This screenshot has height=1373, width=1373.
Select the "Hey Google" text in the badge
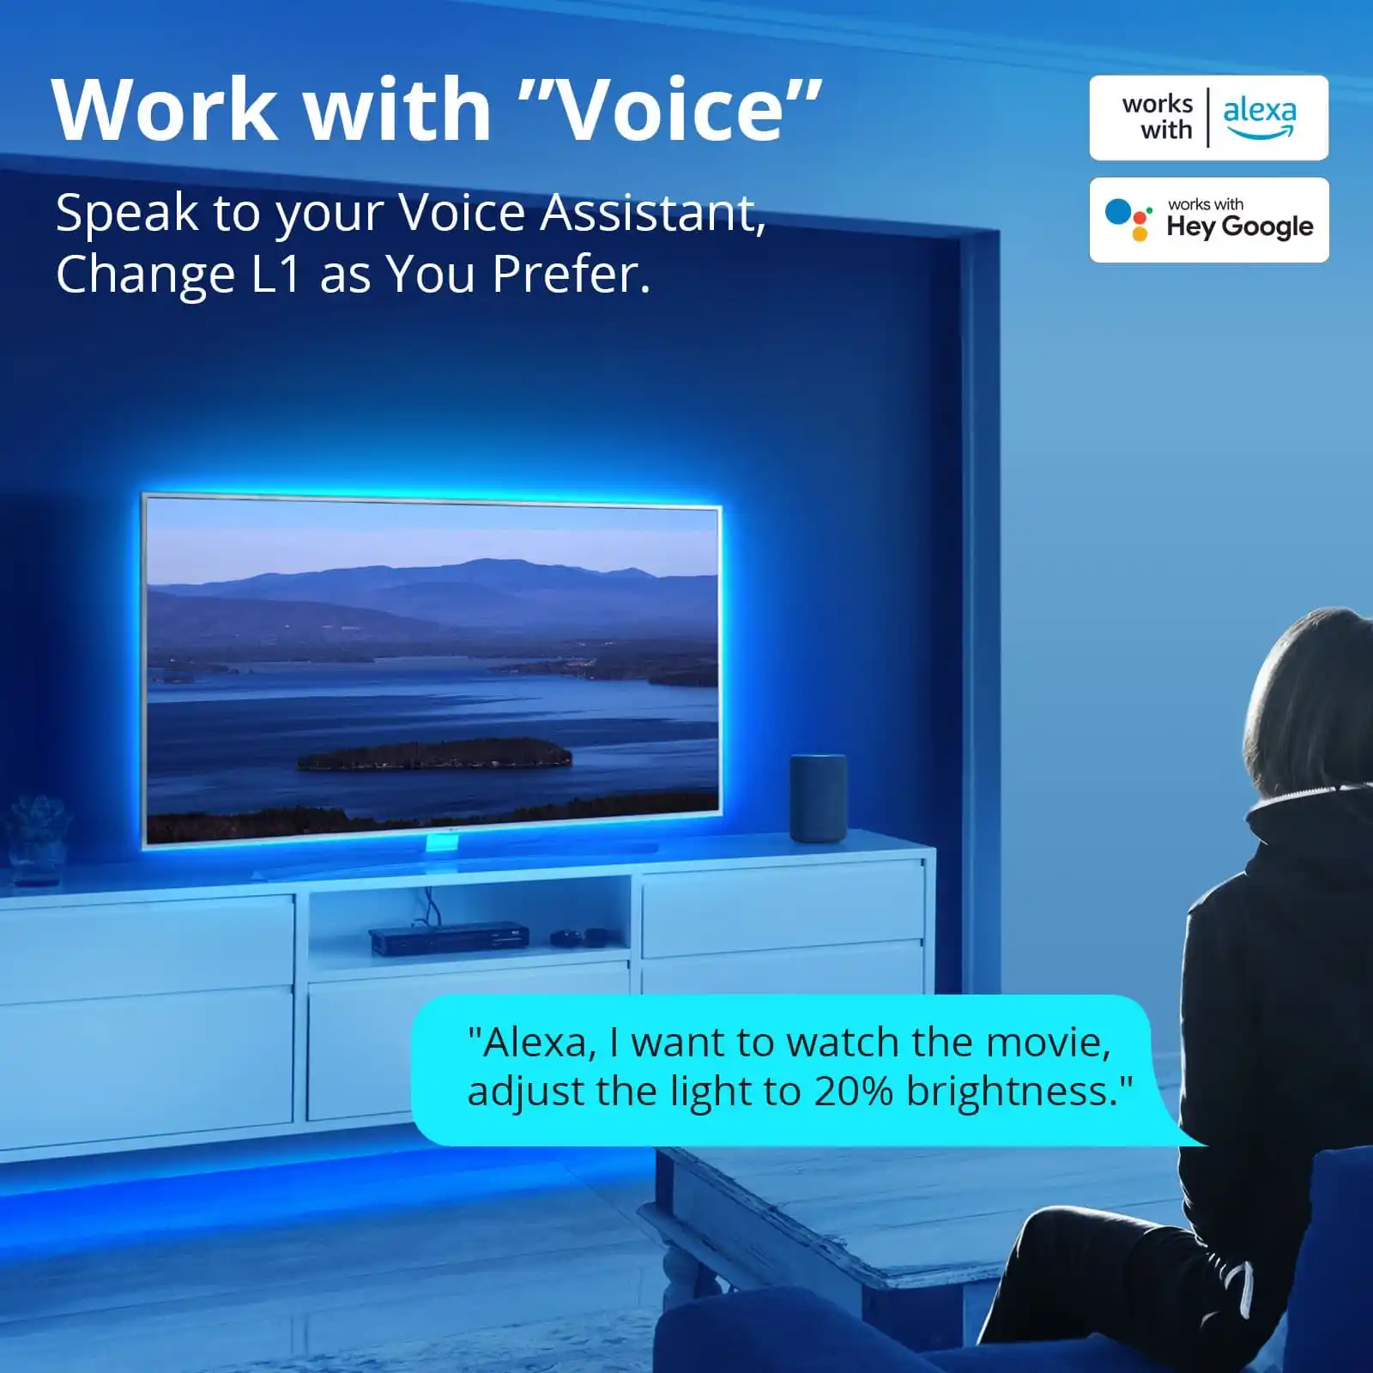coord(1240,227)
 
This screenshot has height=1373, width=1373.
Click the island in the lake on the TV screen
coord(434,754)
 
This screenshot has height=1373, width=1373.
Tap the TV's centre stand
coord(442,844)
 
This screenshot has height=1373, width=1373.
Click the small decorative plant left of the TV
coord(36,837)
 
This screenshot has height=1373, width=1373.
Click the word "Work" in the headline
coord(163,111)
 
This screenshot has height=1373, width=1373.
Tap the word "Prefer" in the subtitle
coord(572,275)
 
